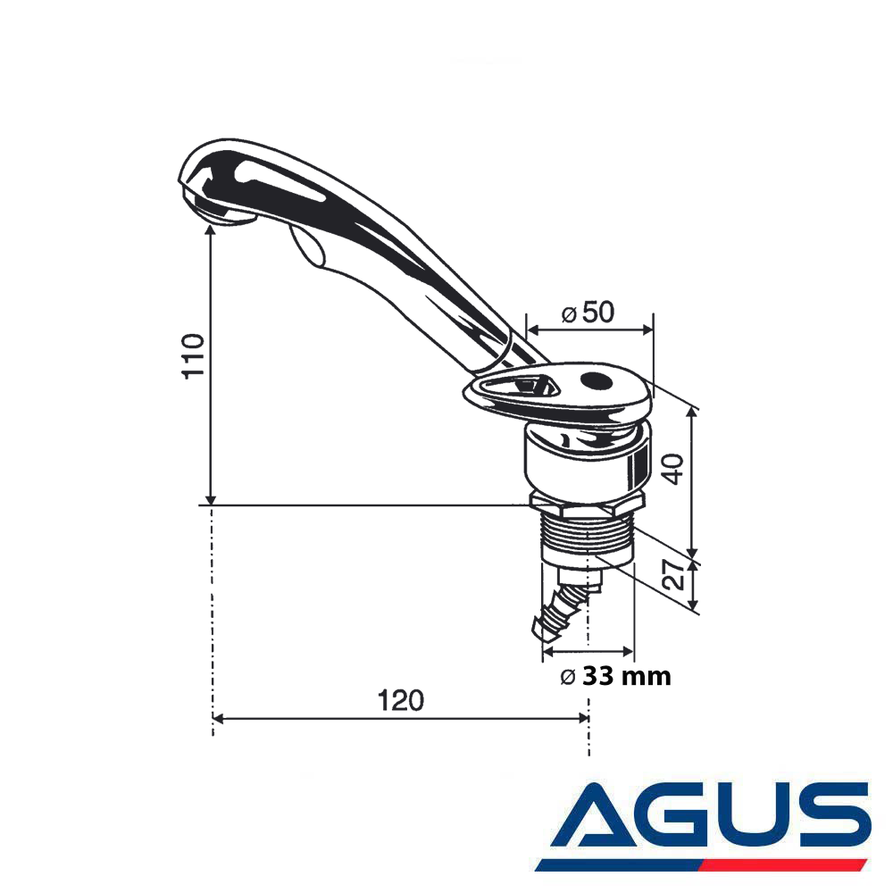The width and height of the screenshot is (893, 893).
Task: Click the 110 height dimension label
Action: tap(193, 355)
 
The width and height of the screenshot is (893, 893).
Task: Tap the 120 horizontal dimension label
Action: tap(401, 700)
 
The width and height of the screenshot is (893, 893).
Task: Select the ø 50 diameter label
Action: tap(588, 313)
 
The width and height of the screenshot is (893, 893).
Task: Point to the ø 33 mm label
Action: tap(615, 677)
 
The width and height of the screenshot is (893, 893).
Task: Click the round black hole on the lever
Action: tap(594, 380)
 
